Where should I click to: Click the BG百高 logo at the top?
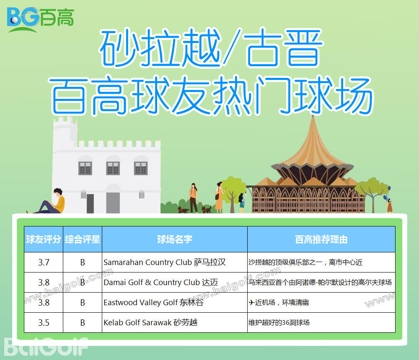[x=41, y=19]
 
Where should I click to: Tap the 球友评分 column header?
[x=44, y=239]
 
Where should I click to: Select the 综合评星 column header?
[x=83, y=239]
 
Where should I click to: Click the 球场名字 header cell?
[x=175, y=239]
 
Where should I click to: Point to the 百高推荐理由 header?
[x=321, y=239]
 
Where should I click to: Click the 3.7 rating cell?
[x=44, y=262]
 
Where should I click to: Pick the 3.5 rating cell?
[x=44, y=323]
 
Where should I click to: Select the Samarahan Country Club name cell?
[x=165, y=262]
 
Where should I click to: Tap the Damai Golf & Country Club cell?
[x=160, y=282]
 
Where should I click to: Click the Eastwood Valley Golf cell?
[x=153, y=303]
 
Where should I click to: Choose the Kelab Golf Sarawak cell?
[x=150, y=323]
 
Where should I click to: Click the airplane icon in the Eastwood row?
[x=251, y=302]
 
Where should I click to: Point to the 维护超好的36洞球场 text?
[x=279, y=323]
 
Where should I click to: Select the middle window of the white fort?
[x=113, y=168]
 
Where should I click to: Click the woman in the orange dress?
[x=219, y=197]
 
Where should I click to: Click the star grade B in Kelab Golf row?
[x=83, y=323]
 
